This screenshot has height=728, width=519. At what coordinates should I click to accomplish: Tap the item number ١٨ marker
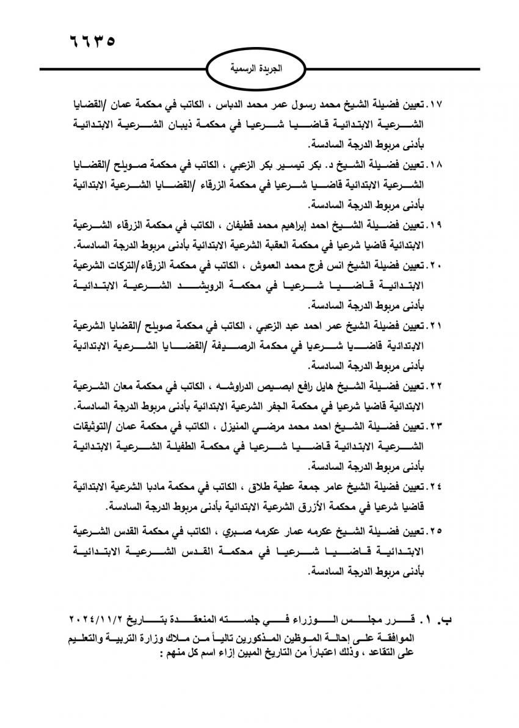438,165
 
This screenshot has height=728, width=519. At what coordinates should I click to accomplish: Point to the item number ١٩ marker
438,225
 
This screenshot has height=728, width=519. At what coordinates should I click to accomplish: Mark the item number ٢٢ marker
438,386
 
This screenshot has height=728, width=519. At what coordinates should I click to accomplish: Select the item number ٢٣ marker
438,426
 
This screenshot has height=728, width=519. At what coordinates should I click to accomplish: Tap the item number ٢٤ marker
438,486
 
